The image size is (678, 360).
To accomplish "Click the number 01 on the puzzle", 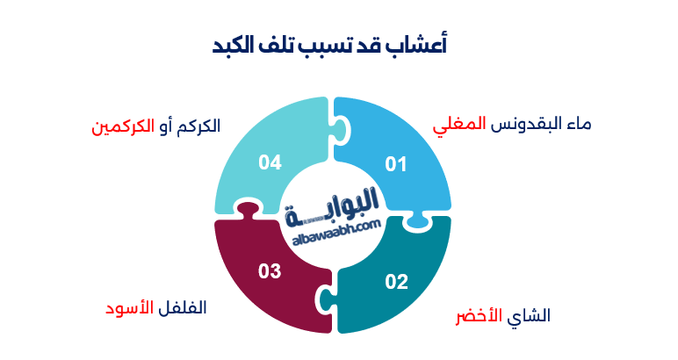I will pos(397,163).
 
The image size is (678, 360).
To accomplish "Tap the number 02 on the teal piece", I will pos(397,282).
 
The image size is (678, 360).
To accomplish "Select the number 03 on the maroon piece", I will pos(270,271).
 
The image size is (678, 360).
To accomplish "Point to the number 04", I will pos(270,162).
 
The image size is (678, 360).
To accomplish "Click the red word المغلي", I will pos(459,126).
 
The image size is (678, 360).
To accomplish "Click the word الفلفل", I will pos(181,308).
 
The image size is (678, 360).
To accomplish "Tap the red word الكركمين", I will pos(117,126).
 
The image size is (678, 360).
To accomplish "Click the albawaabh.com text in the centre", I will pos(333,226).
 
